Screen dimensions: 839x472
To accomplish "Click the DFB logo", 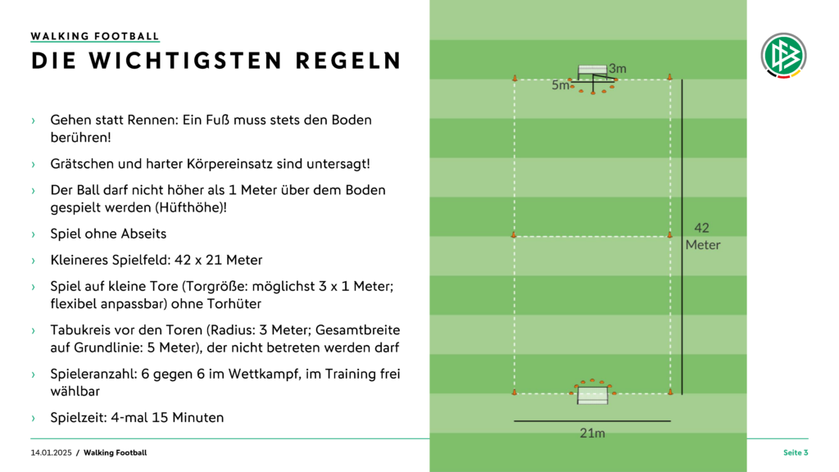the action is pyautogui.click(x=783, y=55).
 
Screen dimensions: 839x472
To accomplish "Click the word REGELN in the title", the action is pyautogui.click(x=347, y=61).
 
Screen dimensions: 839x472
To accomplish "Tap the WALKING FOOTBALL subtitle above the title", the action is pyautogui.click(x=95, y=36).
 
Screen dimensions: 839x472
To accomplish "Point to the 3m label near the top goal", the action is pyautogui.click(x=618, y=69).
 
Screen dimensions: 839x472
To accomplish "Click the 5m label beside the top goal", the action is pyautogui.click(x=560, y=85).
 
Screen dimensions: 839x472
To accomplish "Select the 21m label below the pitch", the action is pyautogui.click(x=592, y=433).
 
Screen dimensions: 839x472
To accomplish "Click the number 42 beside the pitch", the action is pyautogui.click(x=701, y=228).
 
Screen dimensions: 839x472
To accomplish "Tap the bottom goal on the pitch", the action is pyautogui.click(x=592, y=396).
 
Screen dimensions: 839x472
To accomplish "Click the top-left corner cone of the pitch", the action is pyautogui.click(x=515, y=78).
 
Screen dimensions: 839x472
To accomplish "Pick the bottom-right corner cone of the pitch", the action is pyautogui.click(x=670, y=392).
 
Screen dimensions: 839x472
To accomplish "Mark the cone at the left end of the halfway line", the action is pyautogui.click(x=514, y=234).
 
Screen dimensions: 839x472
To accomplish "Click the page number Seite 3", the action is pyautogui.click(x=796, y=452).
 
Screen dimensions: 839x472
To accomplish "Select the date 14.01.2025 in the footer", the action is pyautogui.click(x=51, y=452).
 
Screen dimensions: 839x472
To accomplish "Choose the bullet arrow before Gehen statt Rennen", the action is pyautogui.click(x=33, y=121).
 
